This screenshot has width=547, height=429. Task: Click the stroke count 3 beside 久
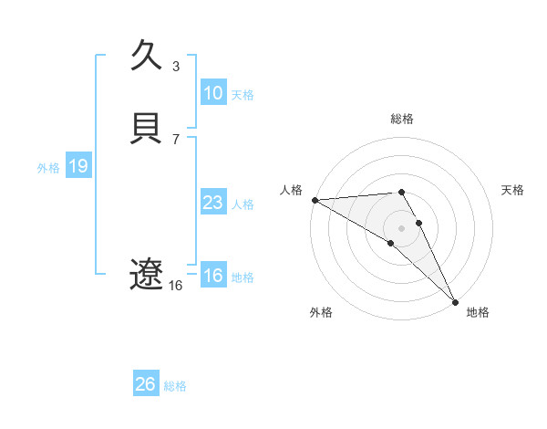coord(176,66)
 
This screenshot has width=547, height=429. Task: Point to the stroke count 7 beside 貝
coord(176,139)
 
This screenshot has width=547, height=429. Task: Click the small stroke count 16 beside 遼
coord(176,285)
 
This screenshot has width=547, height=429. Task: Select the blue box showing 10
coord(212,93)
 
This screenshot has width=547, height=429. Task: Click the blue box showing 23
coord(212,203)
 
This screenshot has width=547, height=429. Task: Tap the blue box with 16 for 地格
coord(212,276)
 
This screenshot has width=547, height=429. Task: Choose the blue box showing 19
coord(77,166)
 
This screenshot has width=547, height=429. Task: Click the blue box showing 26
coord(145,384)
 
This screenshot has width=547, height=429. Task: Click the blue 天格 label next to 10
coord(243,94)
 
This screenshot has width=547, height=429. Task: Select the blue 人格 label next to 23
coord(243,204)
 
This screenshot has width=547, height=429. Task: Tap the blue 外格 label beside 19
coord(48,167)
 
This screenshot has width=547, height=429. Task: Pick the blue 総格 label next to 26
coord(175,385)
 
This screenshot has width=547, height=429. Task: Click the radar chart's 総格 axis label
coord(402,119)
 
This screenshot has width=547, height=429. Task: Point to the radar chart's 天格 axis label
coord(513,190)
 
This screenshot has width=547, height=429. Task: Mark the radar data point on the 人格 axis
coord(315,199)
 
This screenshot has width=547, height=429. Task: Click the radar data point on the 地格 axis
coord(455,300)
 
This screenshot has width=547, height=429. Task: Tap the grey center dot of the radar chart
coord(402,227)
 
